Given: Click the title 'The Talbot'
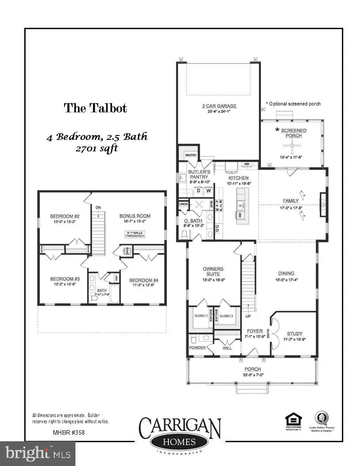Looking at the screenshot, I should tap(95, 108).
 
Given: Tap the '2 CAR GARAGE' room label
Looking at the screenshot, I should tap(219, 106).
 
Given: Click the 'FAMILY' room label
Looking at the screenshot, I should tap(291, 201).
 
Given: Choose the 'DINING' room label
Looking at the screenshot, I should tap(286, 273).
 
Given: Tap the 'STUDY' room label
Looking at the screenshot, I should tap(294, 334).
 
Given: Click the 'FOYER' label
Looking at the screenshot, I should tap(255, 331).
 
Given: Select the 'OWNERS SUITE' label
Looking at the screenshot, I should tap(213, 271).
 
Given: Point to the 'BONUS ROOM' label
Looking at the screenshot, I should tap(135, 216).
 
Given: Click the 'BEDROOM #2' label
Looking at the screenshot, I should tap(64, 216).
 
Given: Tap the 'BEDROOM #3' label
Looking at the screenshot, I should tap(64, 279).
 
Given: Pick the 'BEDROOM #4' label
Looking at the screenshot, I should tap(143, 280).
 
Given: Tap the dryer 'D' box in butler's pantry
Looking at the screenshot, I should tap(199, 191).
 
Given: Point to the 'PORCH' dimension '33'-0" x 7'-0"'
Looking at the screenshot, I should tap(253, 375).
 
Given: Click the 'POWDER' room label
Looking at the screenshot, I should tap(197, 347).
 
